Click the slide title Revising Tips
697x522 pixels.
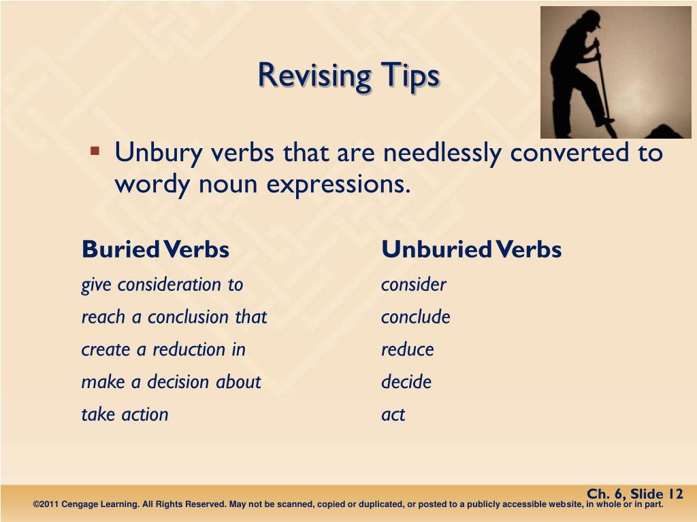click(x=348, y=75)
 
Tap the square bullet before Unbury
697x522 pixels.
click(x=95, y=150)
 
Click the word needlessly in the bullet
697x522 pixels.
click(x=443, y=153)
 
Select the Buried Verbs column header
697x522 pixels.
click(x=155, y=249)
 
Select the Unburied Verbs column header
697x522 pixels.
click(x=471, y=249)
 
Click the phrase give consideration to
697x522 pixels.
click(x=162, y=284)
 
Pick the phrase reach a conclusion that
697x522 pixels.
click(x=174, y=317)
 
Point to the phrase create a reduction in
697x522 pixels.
click(x=163, y=349)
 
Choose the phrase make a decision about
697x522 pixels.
click(x=171, y=382)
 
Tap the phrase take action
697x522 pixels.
click(x=125, y=415)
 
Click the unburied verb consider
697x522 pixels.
click(x=413, y=284)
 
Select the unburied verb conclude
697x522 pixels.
click(x=415, y=317)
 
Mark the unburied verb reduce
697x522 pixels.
click(x=407, y=349)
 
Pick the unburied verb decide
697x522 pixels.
click(x=406, y=382)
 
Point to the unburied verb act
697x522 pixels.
click(x=393, y=415)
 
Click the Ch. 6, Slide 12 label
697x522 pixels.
click(x=634, y=494)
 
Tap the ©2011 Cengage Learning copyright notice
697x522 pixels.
click(x=348, y=504)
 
